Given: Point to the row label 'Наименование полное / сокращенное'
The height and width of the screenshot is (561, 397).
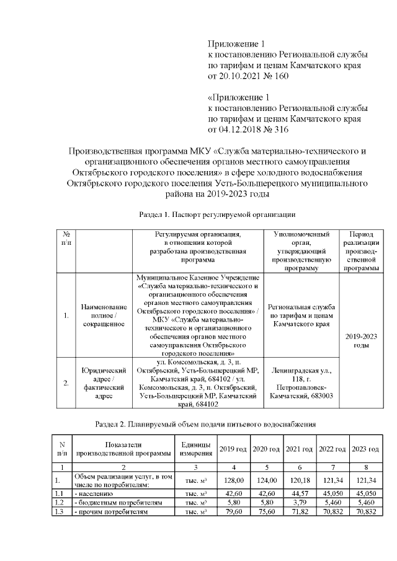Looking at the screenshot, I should click(x=104, y=316).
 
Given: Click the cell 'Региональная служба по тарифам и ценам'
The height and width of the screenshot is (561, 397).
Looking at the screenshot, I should click(x=301, y=316).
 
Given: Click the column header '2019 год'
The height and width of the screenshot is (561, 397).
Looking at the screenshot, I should click(x=233, y=449).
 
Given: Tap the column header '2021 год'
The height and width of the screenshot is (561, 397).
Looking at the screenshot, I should click(x=299, y=449).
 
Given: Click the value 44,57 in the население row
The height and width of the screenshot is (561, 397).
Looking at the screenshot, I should click(x=299, y=493).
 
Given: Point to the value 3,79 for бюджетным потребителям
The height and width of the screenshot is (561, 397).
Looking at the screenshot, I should click(x=299, y=503).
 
